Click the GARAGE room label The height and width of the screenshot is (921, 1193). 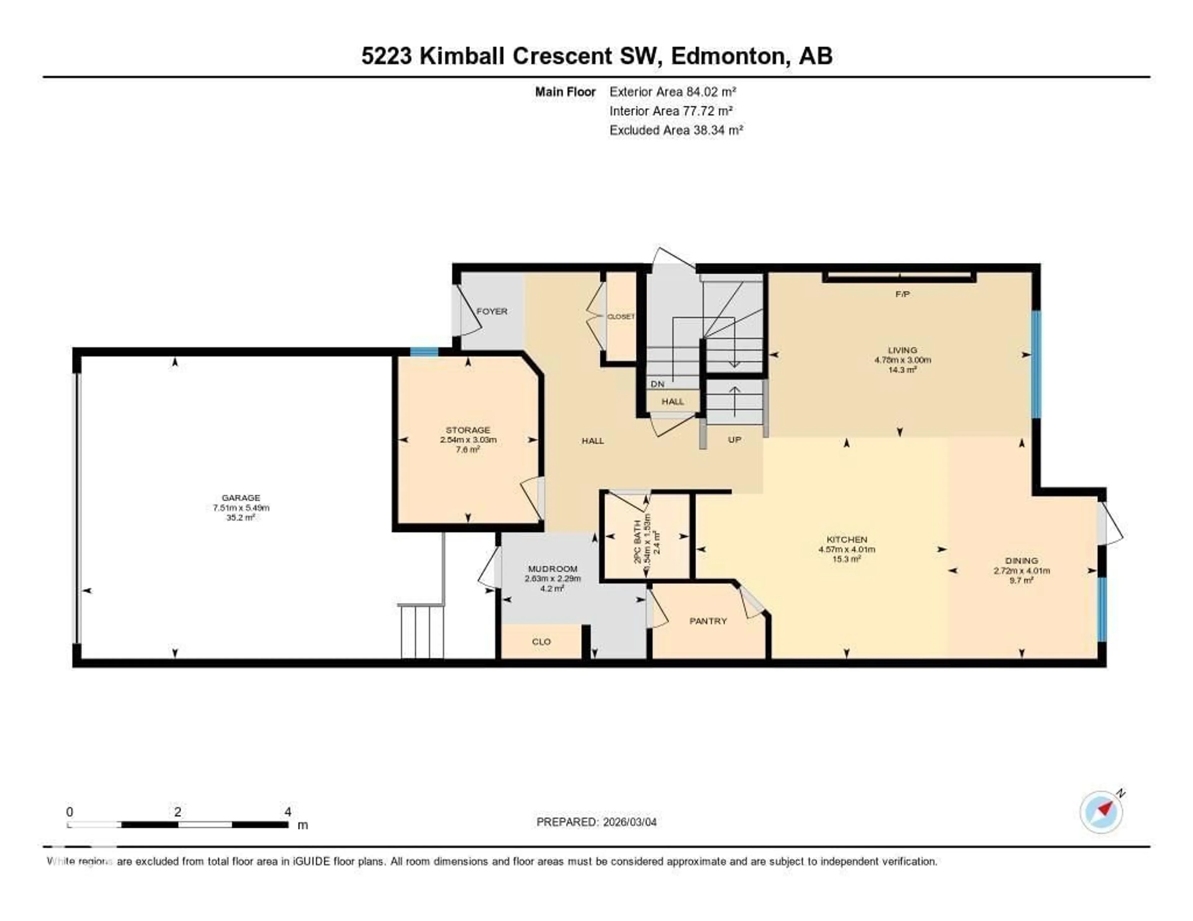[241, 498]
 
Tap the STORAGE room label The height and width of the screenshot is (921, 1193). [468, 430]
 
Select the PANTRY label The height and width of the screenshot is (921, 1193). [708, 621]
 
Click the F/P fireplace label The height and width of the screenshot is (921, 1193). [903, 294]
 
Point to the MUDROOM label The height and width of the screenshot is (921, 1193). [552, 569]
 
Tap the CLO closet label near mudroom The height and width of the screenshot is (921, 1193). [541, 642]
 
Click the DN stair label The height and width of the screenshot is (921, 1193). [658, 384]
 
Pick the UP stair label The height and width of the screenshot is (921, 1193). [735, 439]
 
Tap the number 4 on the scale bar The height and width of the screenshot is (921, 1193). [288, 812]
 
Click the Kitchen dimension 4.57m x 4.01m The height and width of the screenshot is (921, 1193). [847, 549]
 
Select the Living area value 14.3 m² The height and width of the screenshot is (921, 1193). [903, 370]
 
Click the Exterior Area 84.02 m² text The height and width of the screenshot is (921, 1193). [672, 92]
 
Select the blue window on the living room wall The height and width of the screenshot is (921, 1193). [1036, 364]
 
